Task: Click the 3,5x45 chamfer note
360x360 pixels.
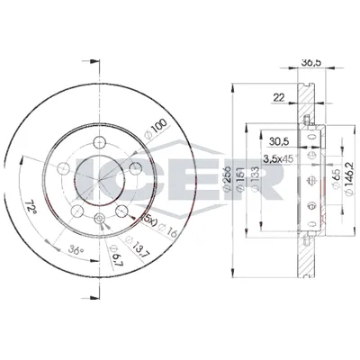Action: [x=279, y=157]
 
